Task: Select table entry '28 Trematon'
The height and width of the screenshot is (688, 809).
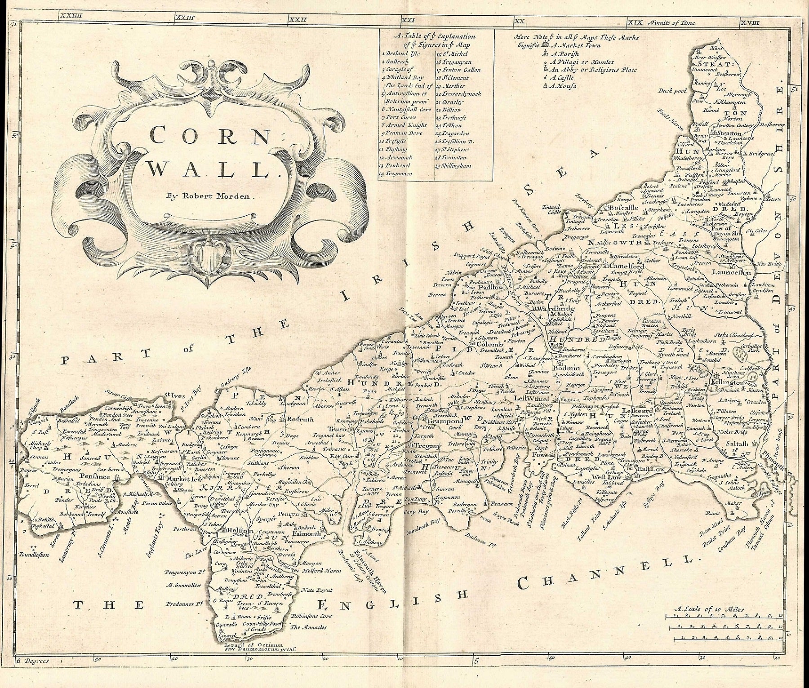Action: coord(451,157)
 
